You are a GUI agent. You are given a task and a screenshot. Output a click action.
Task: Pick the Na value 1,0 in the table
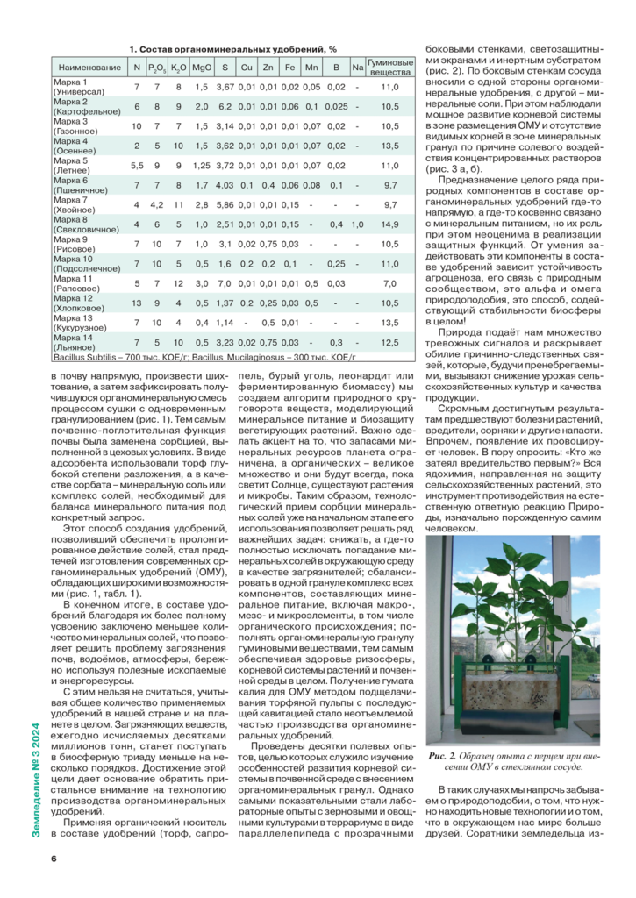click(357, 224)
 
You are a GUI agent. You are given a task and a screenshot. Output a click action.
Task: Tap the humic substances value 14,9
click(390, 224)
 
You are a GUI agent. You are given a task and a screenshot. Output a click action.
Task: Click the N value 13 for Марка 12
click(136, 303)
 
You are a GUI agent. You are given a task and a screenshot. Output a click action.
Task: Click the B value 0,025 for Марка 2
click(335, 107)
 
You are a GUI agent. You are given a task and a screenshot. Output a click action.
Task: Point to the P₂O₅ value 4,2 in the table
click(157, 205)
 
